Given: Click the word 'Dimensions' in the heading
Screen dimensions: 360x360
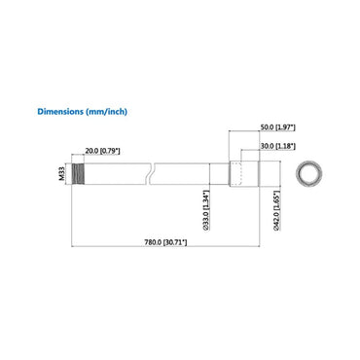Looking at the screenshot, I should [61, 112].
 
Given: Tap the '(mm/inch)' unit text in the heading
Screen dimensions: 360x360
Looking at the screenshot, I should [106, 112].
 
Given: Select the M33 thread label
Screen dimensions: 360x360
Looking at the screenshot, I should [60, 175].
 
